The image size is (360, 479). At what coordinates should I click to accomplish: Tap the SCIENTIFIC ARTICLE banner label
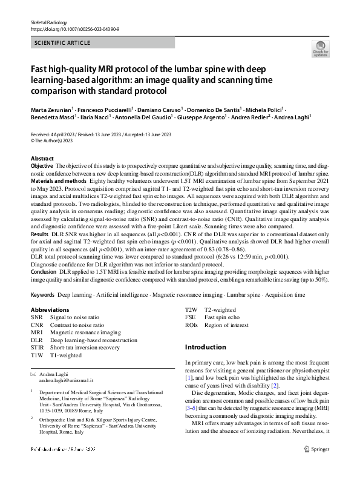[x=63, y=43]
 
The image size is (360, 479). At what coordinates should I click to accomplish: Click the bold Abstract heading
[x=42, y=158]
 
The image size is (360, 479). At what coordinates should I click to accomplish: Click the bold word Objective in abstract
[x=42, y=165]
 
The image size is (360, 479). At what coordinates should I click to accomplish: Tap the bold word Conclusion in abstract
[x=44, y=272]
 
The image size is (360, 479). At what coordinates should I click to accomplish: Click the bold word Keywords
[x=42, y=294]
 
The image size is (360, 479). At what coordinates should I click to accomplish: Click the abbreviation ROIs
[x=192, y=325]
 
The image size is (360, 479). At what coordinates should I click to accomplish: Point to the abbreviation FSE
[x=191, y=317]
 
